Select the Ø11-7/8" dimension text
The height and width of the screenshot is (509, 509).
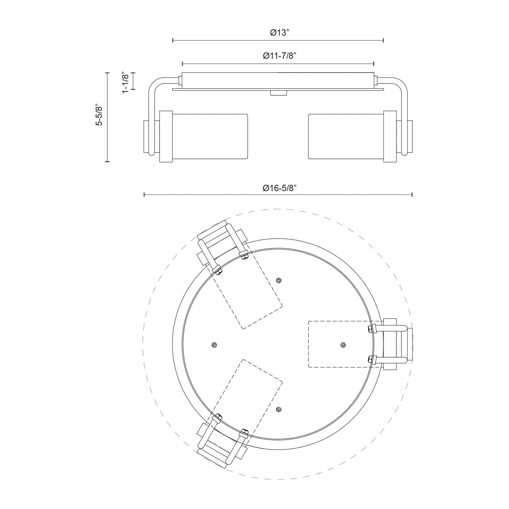278,56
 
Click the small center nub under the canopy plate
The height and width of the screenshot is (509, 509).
279,93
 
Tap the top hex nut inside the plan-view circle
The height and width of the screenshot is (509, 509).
279,280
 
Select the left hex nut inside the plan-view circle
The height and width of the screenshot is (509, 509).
214,345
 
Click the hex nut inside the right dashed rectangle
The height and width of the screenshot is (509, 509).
343,345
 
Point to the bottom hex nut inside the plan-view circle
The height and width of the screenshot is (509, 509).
279,410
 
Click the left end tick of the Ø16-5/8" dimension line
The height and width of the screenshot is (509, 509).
144,194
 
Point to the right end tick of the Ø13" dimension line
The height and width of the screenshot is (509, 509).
383,40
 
